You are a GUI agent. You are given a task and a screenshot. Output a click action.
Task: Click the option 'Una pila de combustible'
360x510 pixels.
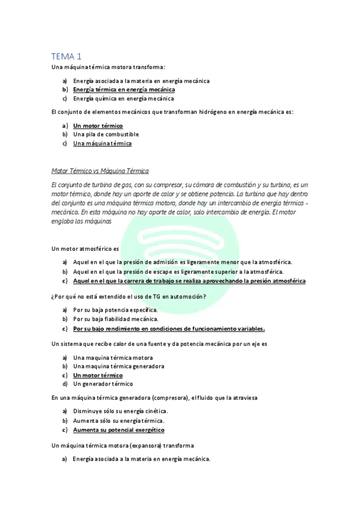tap(106, 134)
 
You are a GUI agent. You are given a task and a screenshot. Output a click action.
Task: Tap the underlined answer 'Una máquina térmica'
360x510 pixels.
tap(102, 143)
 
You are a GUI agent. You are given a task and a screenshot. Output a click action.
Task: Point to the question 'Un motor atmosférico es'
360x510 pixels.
tap(85, 248)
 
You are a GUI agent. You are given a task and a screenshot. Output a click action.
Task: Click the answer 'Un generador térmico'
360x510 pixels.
tap(103, 384)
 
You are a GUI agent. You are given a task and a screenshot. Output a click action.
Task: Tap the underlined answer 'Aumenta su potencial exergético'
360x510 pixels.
tap(118, 430)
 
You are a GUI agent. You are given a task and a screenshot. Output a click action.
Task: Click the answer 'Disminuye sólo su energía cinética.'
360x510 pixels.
tap(120, 411)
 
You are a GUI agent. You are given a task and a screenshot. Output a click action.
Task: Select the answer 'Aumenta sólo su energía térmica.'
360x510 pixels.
tap(118, 420)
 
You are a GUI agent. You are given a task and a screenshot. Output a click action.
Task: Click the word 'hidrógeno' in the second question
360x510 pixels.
tap(187, 112)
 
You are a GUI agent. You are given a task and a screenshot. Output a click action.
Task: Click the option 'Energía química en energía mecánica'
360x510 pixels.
tap(124, 98)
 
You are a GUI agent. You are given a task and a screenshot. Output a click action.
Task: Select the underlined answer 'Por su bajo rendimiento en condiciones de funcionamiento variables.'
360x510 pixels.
tap(169, 329)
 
